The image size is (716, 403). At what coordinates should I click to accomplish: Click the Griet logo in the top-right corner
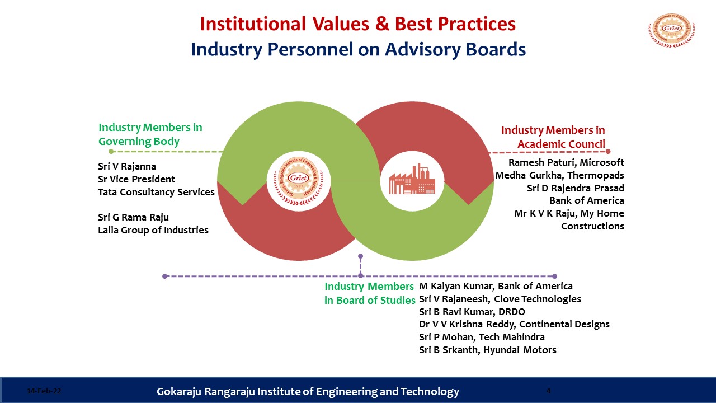point(672,30)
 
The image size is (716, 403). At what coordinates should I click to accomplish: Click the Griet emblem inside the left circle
point(299,181)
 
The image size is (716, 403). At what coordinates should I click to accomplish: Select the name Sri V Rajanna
point(127,166)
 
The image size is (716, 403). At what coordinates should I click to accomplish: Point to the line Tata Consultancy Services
point(156,192)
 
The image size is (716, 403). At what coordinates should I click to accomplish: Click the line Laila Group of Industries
point(153,230)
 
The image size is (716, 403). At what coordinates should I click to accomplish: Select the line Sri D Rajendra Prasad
point(576,188)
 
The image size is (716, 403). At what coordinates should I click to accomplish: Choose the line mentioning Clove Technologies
point(500,299)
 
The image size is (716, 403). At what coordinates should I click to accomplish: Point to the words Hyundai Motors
point(520,350)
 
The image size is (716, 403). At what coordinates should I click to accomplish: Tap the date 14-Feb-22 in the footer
point(44,391)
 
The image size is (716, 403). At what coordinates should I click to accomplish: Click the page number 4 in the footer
point(549,391)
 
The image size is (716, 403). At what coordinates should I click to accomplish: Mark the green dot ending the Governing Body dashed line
point(111,151)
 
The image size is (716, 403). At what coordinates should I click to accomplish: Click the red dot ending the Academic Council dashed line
point(608,151)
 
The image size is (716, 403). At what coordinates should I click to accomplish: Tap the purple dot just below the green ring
point(361,256)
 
